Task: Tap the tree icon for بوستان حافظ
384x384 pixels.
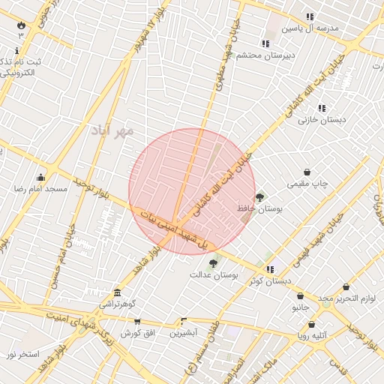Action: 260,197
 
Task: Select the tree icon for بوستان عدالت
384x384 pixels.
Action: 214,263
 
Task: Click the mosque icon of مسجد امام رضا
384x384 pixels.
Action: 40,178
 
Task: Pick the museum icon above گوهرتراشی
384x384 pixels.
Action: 117,293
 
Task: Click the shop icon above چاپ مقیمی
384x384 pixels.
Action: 307,172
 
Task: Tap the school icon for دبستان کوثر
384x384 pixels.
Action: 271,269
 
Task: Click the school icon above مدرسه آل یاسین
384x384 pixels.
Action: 310,16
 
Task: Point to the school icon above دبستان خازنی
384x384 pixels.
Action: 322,108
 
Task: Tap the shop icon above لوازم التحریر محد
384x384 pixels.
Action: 346,286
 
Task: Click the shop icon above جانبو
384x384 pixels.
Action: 300,295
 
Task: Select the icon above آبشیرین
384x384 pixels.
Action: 183,320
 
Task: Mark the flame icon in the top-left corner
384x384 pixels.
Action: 21,25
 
